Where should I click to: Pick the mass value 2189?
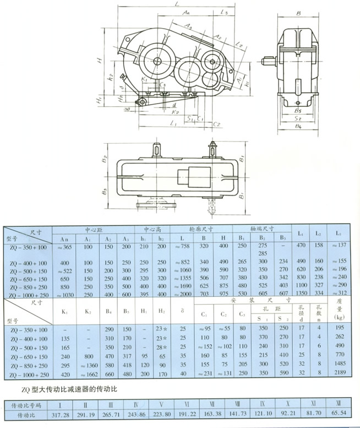tap(339, 372)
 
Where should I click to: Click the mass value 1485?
tap(339, 364)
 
